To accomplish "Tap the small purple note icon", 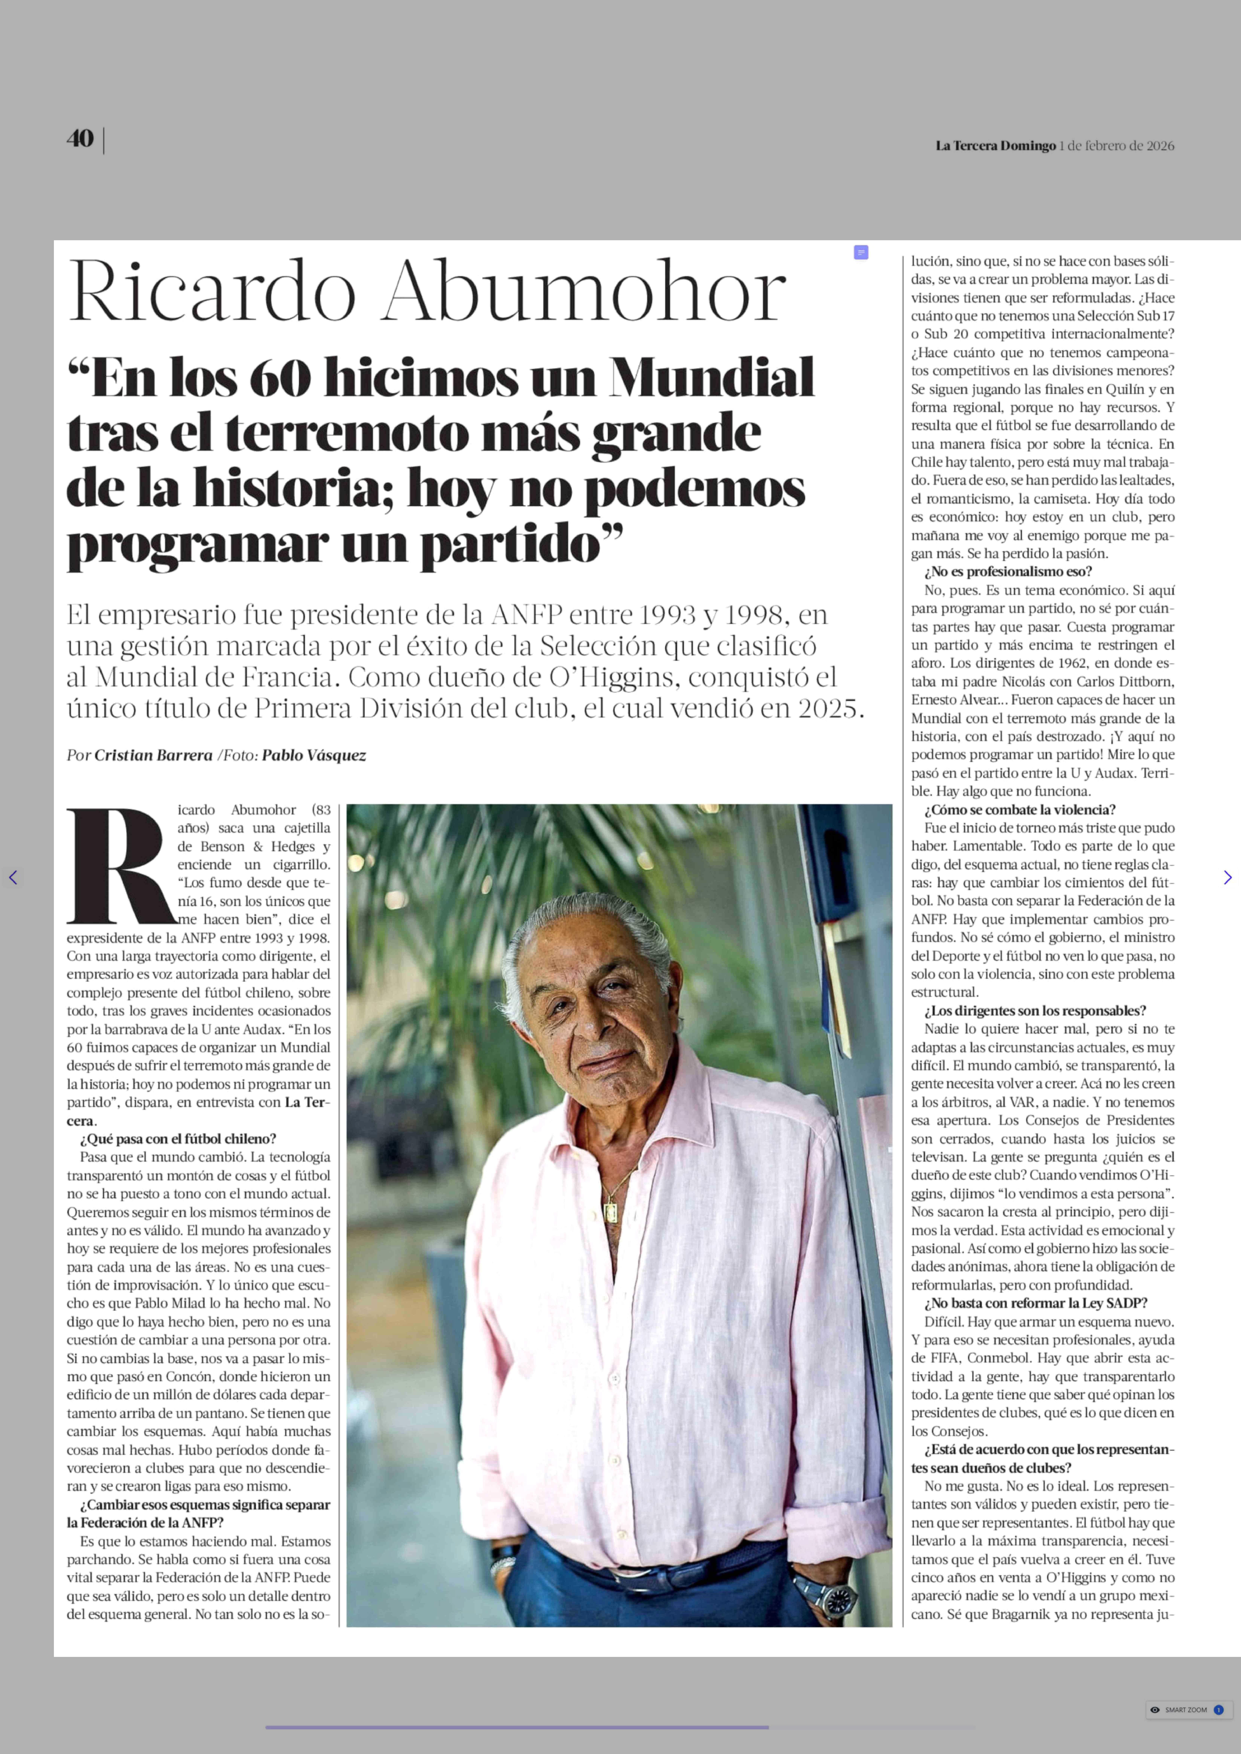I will pos(861,252).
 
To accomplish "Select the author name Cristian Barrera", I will pos(153,755).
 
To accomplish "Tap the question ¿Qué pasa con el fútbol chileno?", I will pos(178,1138).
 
